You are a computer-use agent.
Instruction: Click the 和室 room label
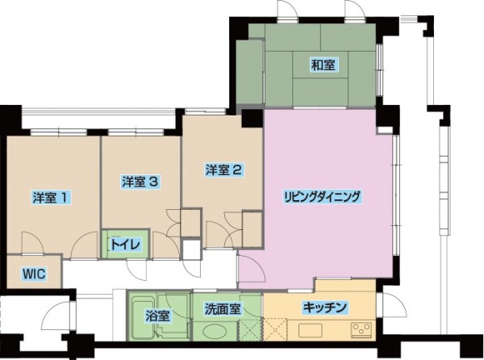click(323, 65)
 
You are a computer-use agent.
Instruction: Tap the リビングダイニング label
click(322, 197)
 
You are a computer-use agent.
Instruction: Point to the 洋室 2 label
click(224, 170)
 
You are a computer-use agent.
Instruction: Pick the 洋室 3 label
click(140, 182)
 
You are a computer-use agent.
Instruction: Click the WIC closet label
click(34, 274)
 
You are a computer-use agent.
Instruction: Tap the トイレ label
click(126, 245)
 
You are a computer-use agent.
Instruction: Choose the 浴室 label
click(157, 316)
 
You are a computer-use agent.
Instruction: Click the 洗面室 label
click(223, 309)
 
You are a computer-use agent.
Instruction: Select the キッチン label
click(325, 308)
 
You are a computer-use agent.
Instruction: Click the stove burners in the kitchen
click(361, 329)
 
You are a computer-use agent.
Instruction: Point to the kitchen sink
click(311, 330)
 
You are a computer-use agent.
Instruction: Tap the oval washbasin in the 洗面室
click(215, 332)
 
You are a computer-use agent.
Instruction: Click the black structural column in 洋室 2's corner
click(252, 118)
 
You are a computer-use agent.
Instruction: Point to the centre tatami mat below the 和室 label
click(320, 91)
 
